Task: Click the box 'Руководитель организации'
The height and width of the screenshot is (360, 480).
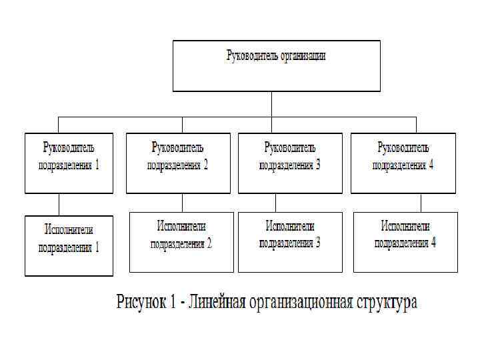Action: click(277, 66)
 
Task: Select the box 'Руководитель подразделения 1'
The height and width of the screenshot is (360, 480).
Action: click(69, 163)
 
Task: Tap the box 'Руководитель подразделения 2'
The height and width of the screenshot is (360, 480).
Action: click(178, 163)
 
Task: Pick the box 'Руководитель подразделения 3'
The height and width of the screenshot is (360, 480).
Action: click(290, 163)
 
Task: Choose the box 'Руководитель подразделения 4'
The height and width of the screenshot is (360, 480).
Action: click(403, 163)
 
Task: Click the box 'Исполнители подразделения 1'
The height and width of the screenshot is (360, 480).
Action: click(69, 245)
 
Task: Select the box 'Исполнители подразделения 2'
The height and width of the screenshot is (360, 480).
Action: click(181, 242)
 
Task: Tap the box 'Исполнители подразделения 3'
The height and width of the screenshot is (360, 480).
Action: click(290, 242)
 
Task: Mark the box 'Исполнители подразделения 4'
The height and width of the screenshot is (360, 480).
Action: click(405, 242)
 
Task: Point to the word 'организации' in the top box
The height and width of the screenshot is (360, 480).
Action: click(302, 56)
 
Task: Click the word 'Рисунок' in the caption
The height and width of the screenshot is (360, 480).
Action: click(142, 302)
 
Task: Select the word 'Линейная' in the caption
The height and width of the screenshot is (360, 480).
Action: click(218, 302)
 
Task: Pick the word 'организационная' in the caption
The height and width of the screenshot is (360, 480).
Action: click(301, 302)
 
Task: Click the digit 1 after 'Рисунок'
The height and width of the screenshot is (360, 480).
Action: click(173, 302)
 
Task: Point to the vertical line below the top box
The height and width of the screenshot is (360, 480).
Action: click(271, 104)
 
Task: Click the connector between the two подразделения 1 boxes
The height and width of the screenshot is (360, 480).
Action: click(59, 204)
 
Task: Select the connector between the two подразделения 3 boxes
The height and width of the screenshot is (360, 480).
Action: click(274, 203)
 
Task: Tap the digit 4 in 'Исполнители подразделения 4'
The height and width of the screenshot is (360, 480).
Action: click(433, 243)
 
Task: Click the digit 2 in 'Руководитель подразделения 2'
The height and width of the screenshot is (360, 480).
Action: click(206, 165)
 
